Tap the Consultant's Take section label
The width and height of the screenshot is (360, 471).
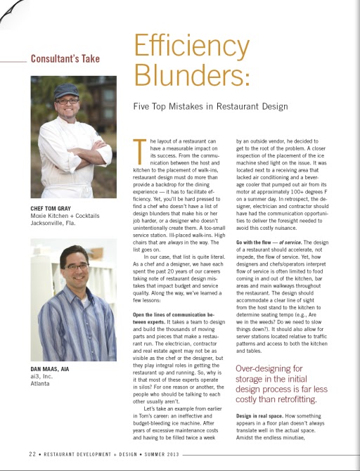click(65, 59)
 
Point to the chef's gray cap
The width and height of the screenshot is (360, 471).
click(67, 91)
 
